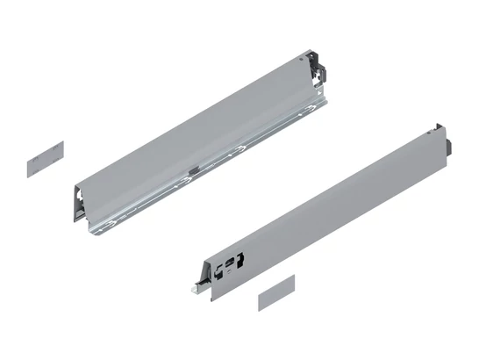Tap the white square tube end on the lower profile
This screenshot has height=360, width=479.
click(196, 288)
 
